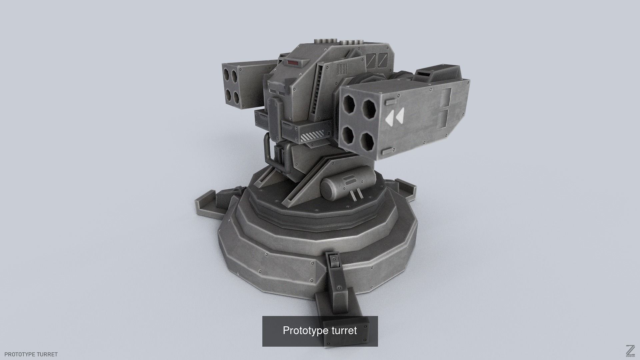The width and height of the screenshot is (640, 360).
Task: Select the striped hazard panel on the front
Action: pos(312,137)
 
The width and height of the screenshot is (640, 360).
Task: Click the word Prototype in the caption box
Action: pos(301,330)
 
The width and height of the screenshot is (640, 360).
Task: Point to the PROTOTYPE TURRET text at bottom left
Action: pos(31,354)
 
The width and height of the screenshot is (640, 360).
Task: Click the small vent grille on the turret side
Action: pos(341,69)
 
